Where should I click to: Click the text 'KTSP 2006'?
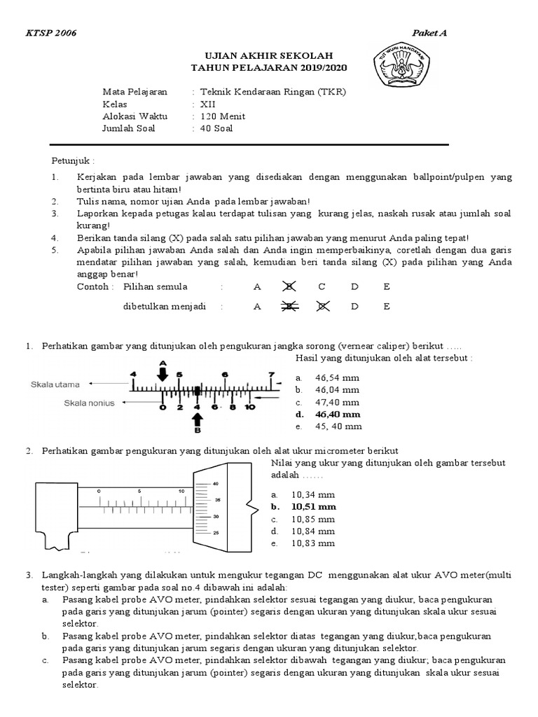(51, 34)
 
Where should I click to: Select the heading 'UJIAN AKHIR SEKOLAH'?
(269, 55)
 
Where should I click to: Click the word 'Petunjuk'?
(71, 159)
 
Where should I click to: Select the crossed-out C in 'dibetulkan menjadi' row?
(322, 307)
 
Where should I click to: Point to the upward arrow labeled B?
(197, 421)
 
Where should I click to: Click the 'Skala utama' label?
(55, 384)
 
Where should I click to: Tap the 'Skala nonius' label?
(89, 403)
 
